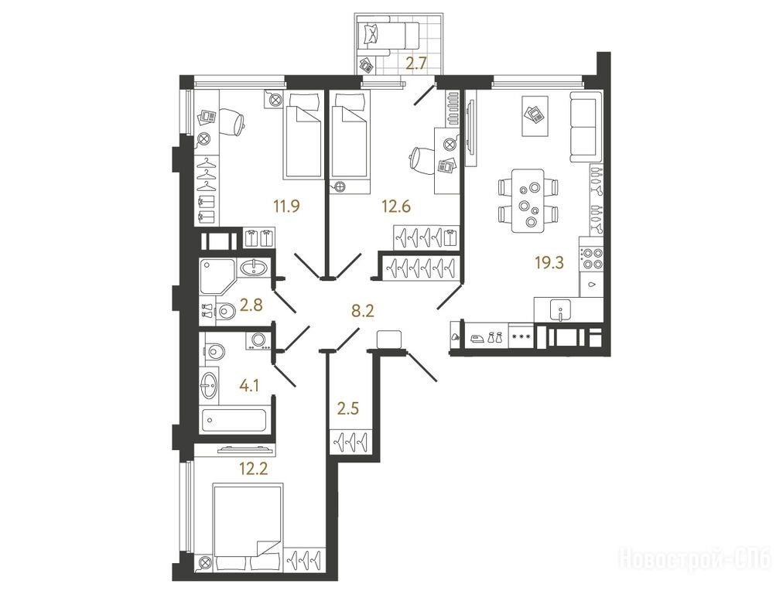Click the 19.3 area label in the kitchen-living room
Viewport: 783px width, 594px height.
[x=549, y=262]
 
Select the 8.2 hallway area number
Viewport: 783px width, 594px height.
[x=363, y=312]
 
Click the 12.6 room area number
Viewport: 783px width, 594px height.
[x=396, y=206]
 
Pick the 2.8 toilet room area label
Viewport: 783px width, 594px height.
[x=251, y=305]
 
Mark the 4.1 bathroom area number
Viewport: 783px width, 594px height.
[x=248, y=385]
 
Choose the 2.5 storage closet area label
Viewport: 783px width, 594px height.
[x=347, y=409]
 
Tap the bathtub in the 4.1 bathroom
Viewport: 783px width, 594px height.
[x=234, y=420]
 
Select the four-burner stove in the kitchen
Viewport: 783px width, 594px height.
[x=591, y=258]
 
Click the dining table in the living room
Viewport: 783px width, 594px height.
[x=528, y=200]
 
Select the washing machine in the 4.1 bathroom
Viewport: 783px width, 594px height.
[x=258, y=340]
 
